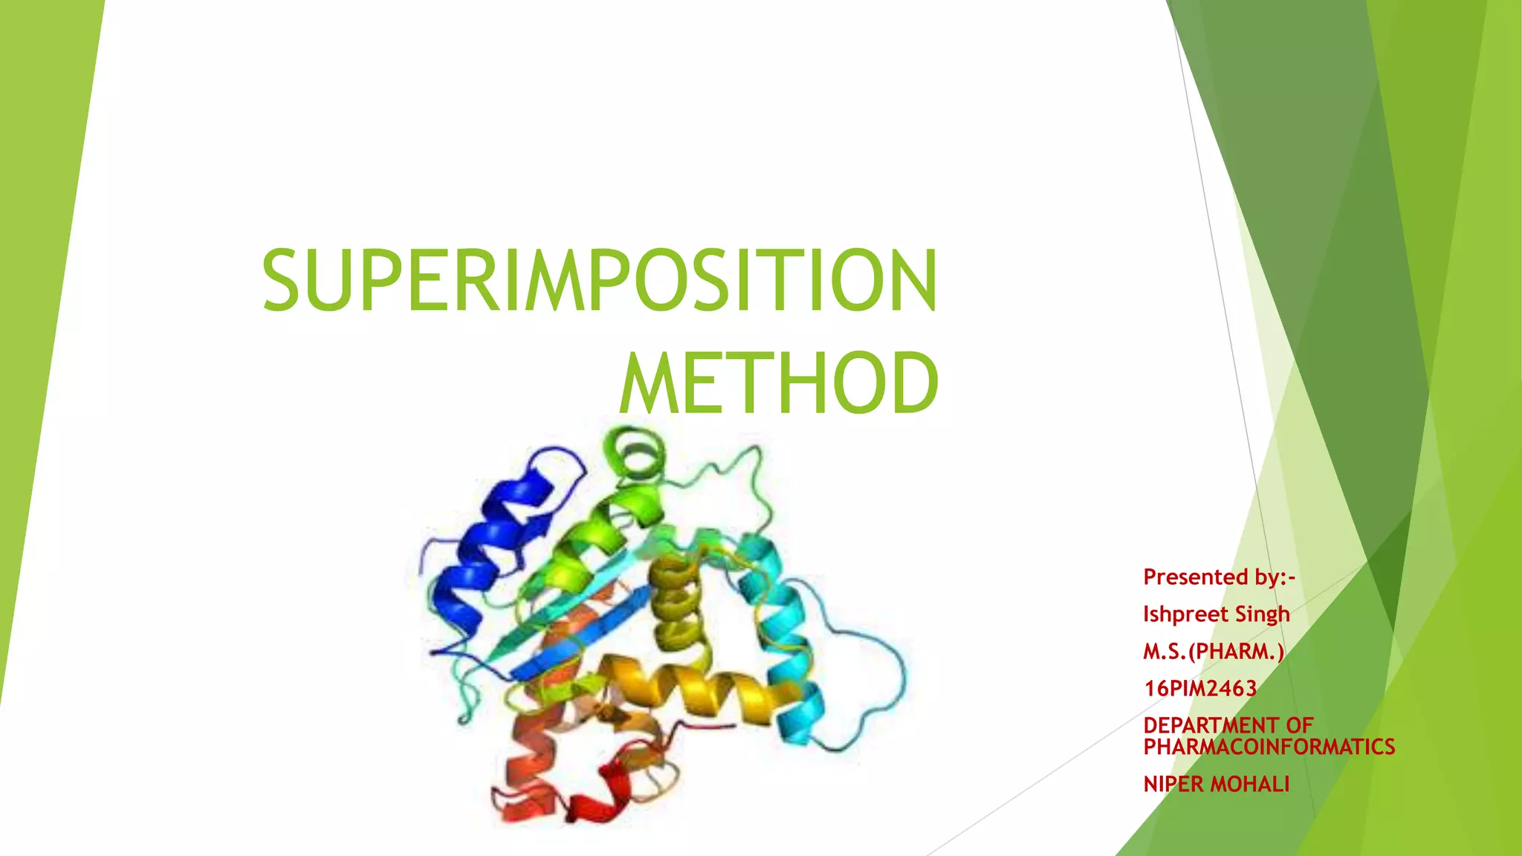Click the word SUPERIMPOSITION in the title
tap(599, 281)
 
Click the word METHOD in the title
tap(779, 383)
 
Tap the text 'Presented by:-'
tap(1219, 577)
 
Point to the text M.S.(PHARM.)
tap(1213, 652)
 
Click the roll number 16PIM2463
tap(1199, 689)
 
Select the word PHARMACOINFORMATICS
tap(1269, 747)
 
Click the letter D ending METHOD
tap(913, 383)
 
